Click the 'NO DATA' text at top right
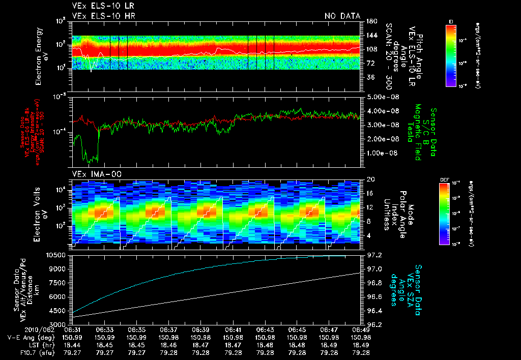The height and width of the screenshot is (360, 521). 342,16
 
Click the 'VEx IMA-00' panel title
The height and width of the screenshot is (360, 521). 92,174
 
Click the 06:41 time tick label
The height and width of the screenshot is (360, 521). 233,329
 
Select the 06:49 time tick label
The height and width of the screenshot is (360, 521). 361,329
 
